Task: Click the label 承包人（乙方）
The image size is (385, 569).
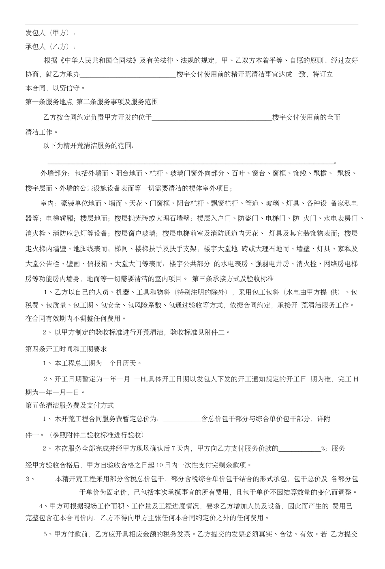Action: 49,47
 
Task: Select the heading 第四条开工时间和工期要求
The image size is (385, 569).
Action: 66,349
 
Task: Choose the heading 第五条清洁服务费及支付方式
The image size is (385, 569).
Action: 70,405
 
